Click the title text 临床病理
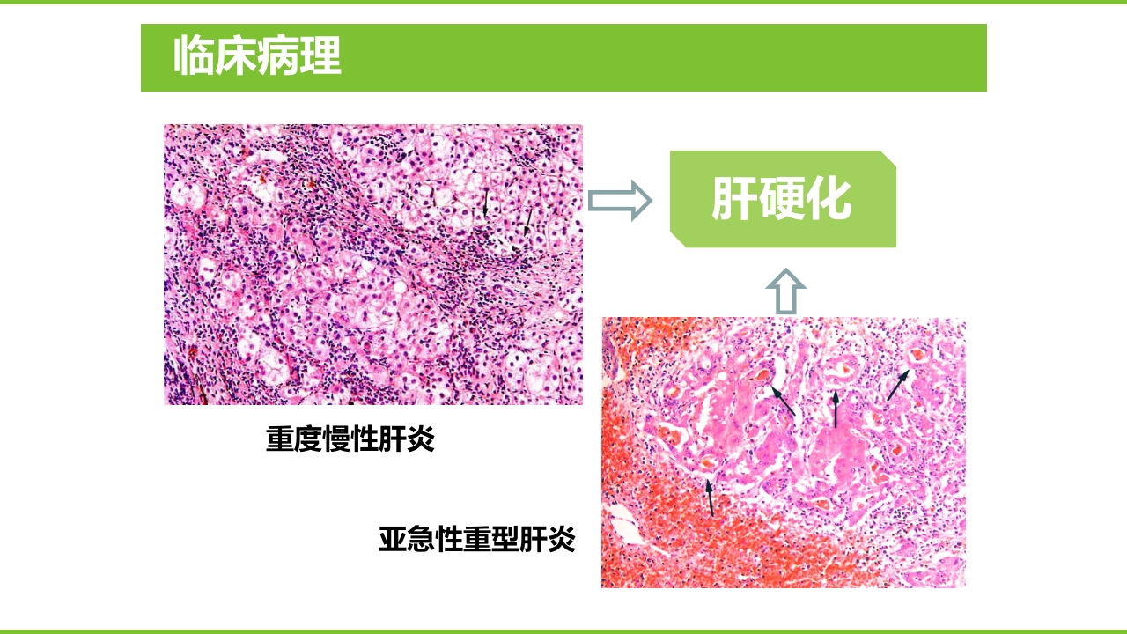257,56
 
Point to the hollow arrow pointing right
619,201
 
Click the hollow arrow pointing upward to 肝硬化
785,291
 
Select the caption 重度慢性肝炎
350,439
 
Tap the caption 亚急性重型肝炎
477,539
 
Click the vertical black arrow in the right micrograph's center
836,410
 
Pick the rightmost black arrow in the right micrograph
897,385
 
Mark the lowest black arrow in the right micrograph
710,498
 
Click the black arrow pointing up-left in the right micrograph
783,401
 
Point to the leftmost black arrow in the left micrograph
484,203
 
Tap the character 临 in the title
194,56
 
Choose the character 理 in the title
320,56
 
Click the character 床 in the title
236,56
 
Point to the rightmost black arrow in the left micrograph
528,220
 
